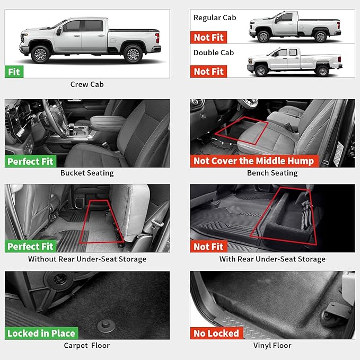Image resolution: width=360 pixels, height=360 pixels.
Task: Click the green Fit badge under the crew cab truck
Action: [14, 71]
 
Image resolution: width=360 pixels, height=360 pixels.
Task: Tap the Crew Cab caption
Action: [87, 84]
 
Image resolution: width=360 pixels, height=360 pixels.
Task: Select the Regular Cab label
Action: [215, 18]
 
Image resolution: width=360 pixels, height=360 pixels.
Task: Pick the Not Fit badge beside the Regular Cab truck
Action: [209, 37]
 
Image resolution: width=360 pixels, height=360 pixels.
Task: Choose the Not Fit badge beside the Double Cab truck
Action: [209, 71]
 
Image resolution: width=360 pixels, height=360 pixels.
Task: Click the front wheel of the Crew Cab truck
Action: [41, 54]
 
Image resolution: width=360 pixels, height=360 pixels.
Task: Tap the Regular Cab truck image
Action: [295, 27]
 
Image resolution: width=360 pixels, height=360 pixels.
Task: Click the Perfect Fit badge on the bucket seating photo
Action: [30, 161]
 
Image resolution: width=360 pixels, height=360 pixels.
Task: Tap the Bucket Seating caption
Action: [87, 173]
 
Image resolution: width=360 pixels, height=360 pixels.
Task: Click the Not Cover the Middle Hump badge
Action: [253, 161]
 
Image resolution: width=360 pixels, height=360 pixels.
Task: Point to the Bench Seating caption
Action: [273, 173]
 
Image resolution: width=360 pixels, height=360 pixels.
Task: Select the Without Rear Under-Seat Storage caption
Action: [87, 259]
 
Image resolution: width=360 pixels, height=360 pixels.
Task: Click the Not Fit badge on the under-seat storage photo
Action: [209, 247]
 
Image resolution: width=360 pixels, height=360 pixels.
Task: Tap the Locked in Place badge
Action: [41, 333]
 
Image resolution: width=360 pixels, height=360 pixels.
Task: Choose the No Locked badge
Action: [216, 333]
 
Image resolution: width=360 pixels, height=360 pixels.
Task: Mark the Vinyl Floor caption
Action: [273, 346]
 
